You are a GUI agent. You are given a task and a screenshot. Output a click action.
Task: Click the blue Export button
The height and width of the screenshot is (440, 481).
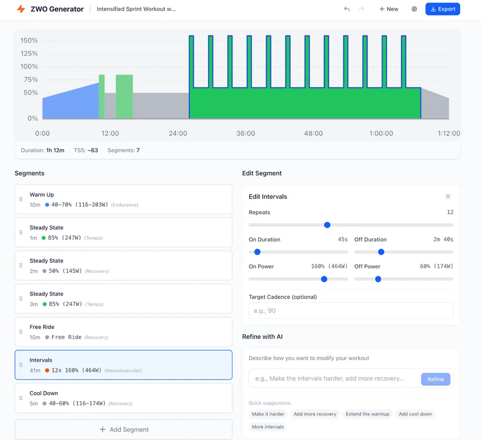[443, 9]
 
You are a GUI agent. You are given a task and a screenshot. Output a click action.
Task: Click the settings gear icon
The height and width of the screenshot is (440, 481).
[414, 9]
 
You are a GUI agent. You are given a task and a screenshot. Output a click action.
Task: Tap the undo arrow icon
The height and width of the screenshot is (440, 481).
[347, 9]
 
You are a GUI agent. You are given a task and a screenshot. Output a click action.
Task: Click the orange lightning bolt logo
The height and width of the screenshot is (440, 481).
[21, 9]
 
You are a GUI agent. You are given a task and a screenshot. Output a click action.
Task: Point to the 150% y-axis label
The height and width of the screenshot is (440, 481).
[29, 40]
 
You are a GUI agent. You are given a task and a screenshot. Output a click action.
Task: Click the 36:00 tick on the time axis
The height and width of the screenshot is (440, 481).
[246, 133]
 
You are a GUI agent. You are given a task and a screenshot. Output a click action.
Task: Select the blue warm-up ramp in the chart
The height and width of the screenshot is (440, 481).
[71, 103]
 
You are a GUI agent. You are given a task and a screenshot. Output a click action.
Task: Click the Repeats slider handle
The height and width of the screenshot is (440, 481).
[327, 225]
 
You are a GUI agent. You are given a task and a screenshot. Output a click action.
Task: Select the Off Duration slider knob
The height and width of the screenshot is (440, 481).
[381, 252]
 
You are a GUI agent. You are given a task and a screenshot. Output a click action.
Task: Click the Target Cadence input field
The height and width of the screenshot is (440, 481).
[351, 311]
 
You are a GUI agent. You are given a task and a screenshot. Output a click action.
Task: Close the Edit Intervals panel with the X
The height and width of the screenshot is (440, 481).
[448, 196]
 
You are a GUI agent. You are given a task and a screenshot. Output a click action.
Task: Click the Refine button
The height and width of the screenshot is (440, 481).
[436, 379]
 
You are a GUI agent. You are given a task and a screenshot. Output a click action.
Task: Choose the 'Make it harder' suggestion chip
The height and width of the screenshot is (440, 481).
[268, 414]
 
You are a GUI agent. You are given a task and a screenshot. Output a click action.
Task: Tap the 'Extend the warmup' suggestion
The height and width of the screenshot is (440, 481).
[367, 414]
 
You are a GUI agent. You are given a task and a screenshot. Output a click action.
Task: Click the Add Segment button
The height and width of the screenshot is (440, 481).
[124, 429]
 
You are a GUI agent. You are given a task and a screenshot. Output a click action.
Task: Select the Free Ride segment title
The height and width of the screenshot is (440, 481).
[42, 327]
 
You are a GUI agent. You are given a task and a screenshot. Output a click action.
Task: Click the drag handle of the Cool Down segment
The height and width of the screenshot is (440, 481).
[21, 398]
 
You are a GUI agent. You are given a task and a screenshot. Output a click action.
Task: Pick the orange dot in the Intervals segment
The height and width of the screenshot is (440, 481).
[47, 370]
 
